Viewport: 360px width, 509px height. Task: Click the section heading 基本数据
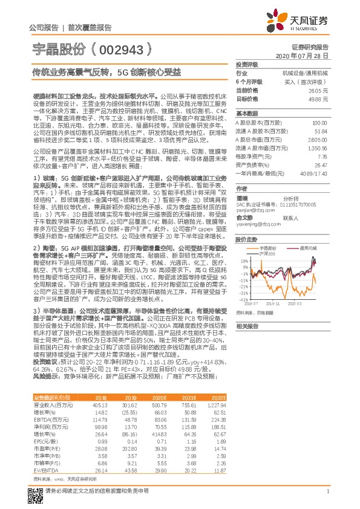pyautogui.click(x=246, y=113)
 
